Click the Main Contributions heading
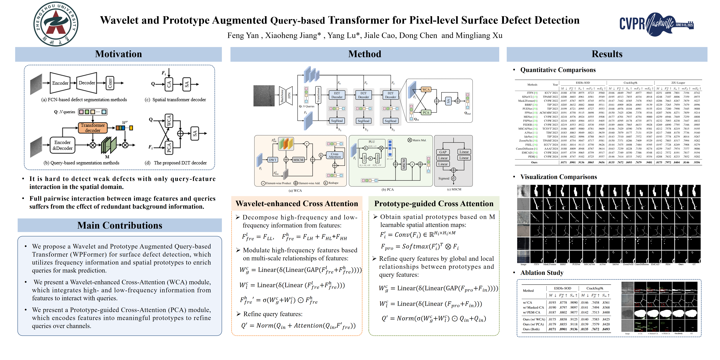click(120, 225)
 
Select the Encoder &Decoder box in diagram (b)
click(63, 145)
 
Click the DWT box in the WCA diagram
click(272, 160)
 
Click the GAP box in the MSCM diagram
click(443, 152)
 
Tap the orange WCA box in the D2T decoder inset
click(426, 89)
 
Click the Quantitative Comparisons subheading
click(558, 70)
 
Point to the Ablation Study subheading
click(542, 272)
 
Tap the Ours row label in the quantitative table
click(534, 162)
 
